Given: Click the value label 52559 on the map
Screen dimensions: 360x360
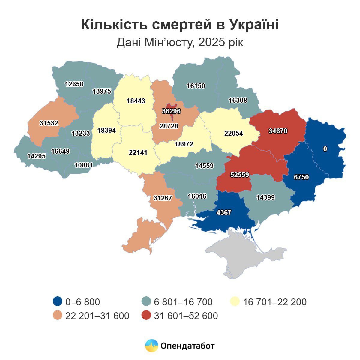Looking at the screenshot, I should (x=240, y=175).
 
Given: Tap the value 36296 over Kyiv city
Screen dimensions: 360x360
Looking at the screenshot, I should (x=171, y=111).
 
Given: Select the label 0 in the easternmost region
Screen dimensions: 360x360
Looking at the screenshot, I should (x=325, y=149).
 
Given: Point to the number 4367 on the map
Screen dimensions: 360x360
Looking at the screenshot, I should (x=224, y=212).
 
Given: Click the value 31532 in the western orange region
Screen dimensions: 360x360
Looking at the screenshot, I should (x=49, y=123).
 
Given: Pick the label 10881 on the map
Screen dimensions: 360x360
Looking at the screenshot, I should (x=83, y=165).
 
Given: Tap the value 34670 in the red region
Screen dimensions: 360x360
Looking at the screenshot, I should (x=278, y=131).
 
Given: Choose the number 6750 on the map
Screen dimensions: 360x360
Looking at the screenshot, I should (x=301, y=177).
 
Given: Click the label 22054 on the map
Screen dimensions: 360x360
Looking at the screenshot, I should (x=233, y=133).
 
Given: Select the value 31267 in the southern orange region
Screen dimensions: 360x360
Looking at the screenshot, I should (x=163, y=198).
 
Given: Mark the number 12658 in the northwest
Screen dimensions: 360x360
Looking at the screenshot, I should (x=74, y=84).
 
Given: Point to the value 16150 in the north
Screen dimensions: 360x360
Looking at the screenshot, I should (x=196, y=86).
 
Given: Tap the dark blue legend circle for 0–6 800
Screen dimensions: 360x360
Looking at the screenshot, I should (x=57, y=301).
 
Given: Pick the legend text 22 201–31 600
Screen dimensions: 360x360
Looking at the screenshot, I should (x=97, y=316).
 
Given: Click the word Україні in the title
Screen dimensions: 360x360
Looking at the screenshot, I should (x=254, y=25).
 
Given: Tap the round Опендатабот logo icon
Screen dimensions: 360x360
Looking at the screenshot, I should (x=151, y=346).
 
